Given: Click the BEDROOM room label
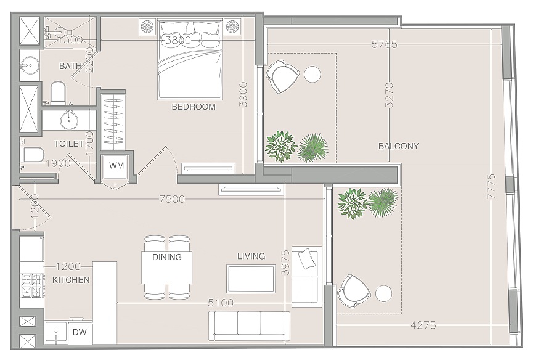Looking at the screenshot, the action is click(x=194, y=107).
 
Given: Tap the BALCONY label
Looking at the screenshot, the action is click(x=399, y=146).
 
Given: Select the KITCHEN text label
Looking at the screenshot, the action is click(x=71, y=280).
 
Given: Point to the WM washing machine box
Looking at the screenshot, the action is click(x=116, y=167).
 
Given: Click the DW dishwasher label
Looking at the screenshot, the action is click(x=80, y=332).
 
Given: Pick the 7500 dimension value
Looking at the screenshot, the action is click(x=172, y=199).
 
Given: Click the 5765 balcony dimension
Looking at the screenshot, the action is click(x=385, y=44).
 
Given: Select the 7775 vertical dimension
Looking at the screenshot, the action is click(x=491, y=186).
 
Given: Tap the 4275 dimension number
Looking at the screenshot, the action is click(x=423, y=325).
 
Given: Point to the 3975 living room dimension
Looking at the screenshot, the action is click(x=285, y=263).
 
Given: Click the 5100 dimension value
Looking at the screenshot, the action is click(x=221, y=303).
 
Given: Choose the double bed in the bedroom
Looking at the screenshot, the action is click(x=190, y=59).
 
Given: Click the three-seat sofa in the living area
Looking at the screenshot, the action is click(x=249, y=326).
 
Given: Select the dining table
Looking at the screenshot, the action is click(x=166, y=267).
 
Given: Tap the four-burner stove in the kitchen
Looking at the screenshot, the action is click(x=31, y=285).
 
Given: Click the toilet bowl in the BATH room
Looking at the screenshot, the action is click(x=58, y=91).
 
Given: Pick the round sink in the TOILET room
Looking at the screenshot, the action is click(x=69, y=120).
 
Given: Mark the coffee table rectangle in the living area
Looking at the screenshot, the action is click(x=251, y=279).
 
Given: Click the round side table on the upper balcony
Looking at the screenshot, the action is click(x=312, y=75).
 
